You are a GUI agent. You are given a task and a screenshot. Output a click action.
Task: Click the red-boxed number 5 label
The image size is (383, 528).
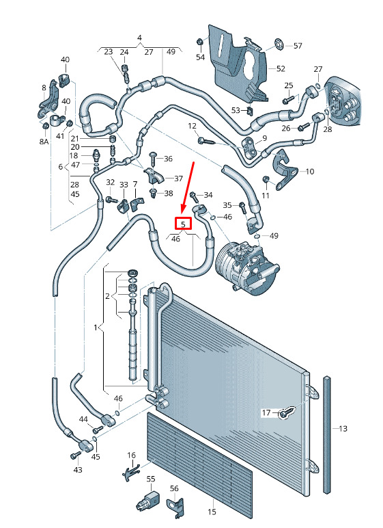(183, 224)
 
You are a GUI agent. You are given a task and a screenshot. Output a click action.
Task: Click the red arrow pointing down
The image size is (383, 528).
(188, 187)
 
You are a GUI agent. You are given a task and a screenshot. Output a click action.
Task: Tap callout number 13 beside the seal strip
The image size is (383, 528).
(343, 429)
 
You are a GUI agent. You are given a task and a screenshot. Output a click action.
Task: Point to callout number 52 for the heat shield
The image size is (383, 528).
(281, 68)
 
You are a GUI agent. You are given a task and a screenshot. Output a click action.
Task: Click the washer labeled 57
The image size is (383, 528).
(279, 44)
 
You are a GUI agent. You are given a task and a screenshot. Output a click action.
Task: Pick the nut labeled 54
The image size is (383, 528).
(199, 42)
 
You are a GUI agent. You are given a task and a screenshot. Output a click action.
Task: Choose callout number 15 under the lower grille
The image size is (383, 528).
(212, 512)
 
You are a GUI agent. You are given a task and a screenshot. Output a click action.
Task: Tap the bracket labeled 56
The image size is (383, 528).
(176, 506)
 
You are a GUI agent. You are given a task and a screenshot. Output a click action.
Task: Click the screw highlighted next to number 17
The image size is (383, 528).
(287, 412)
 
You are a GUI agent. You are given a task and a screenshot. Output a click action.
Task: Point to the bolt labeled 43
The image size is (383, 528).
(74, 456)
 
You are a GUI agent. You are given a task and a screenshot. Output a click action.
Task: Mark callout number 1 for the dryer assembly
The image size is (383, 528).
(96, 327)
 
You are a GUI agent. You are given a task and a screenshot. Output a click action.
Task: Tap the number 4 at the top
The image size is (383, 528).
(139, 38)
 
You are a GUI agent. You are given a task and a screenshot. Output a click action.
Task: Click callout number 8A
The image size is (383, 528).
(44, 142)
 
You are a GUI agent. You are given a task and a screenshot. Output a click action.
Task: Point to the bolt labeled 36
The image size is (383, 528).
(153, 158)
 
